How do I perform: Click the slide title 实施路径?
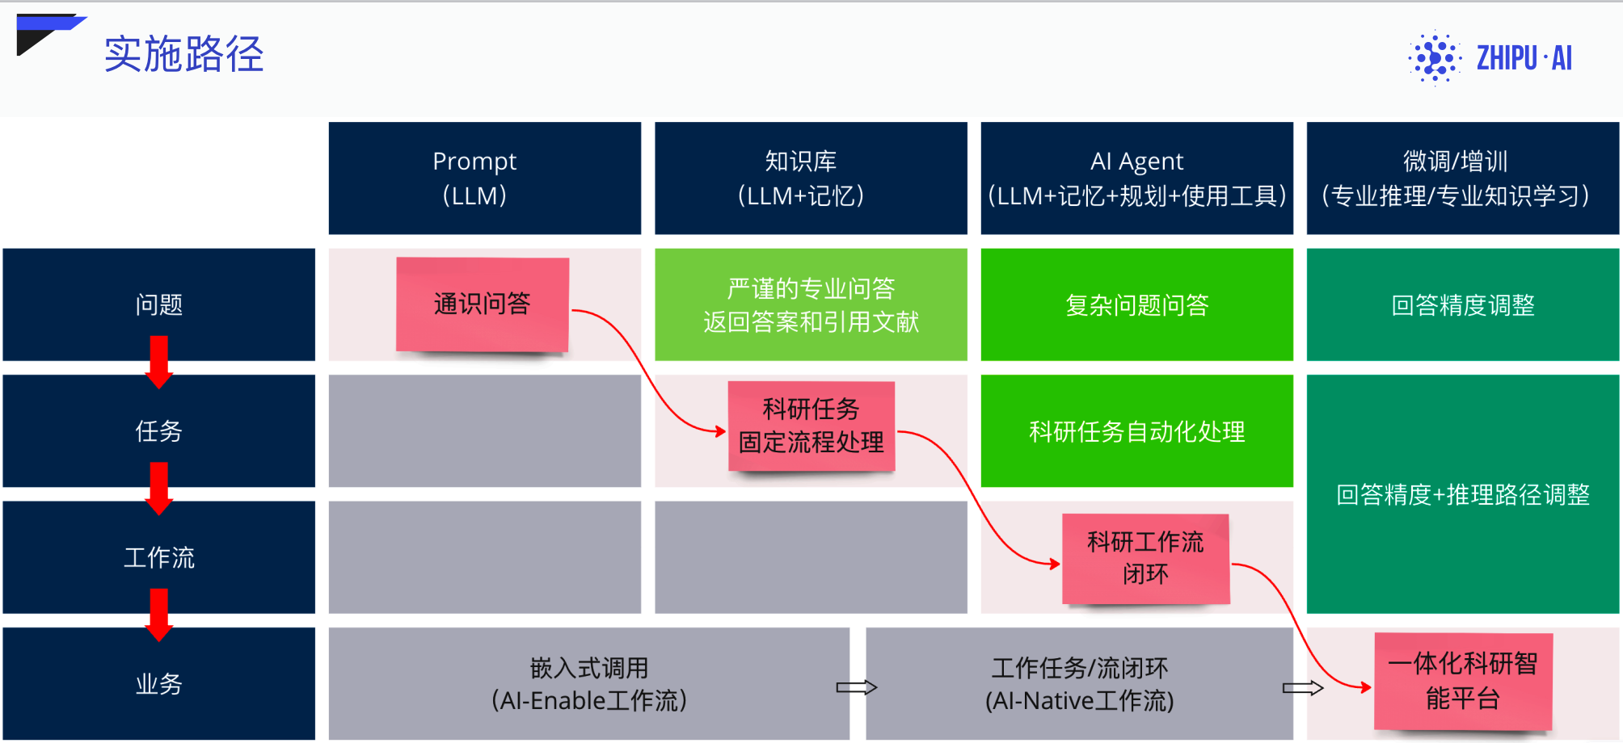tap(183, 54)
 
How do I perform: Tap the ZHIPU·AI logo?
tap(1490, 57)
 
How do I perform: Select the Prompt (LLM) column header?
tap(485, 178)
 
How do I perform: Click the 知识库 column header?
tap(811, 178)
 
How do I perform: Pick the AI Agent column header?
tap(1137, 178)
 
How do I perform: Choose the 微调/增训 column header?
tap(1463, 178)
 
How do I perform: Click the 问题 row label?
tap(159, 304)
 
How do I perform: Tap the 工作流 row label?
tap(159, 557)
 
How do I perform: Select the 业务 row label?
tap(159, 683)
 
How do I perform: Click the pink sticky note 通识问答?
tap(483, 304)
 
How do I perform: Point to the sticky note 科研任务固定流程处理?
tap(811, 426)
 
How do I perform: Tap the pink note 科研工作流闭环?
tap(1146, 559)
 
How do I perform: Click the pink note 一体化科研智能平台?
tap(1463, 682)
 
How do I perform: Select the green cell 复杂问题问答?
tap(1137, 304)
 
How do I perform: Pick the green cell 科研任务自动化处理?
tap(1137, 431)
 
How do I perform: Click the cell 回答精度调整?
tap(1463, 304)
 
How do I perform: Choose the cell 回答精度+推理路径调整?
tap(1463, 494)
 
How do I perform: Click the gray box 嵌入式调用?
tap(589, 683)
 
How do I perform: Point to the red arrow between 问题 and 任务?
tap(159, 362)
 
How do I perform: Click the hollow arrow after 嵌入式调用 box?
tap(857, 687)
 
